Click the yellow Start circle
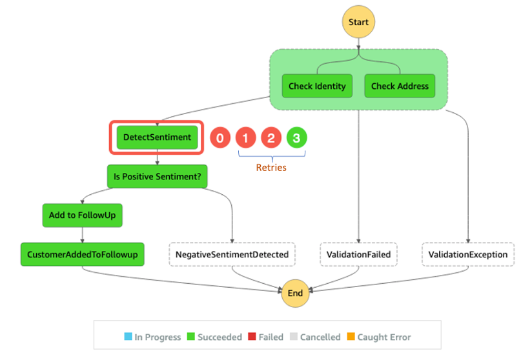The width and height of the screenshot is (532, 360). click(x=358, y=22)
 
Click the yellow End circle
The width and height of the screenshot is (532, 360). click(x=295, y=293)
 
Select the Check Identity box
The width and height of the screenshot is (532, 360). click(x=317, y=86)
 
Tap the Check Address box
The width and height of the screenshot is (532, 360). click(x=400, y=86)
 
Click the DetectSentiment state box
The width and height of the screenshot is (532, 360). click(x=158, y=137)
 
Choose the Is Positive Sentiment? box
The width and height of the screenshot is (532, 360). click(x=157, y=176)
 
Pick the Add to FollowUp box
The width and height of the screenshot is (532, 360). click(x=82, y=215)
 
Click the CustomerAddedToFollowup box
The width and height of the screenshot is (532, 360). click(x=82, y=254)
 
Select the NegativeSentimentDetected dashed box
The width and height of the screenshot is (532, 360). click(x=232, y=254)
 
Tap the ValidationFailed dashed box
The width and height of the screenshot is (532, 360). click(x=358, y=254)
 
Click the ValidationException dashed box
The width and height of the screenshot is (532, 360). click(x=468, y=254)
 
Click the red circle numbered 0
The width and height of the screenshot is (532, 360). click(x=220, y=137)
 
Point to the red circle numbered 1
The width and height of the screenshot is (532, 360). click(x=245, y=137)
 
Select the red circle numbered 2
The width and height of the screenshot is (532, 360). click(x=271, y=137)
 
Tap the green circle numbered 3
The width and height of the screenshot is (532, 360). click(x=296, y=137)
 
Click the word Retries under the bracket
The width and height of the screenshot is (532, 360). click(x=271, y=168)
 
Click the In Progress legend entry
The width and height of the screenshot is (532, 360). click(x=152, y=337)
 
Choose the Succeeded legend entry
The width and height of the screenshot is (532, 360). click(x=215, y=337)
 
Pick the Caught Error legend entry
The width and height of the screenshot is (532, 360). click(x=379, y=337)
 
